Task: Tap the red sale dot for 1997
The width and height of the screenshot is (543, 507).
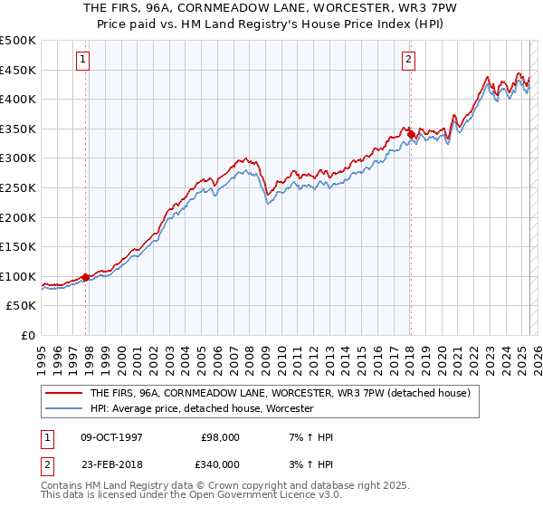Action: (x=86, y=277)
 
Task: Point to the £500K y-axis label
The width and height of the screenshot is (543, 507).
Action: (x=18, y=41)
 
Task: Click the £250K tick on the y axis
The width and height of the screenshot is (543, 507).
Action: (x=18, y=187)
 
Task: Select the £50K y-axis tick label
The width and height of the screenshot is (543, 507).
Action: (x=22, y=306)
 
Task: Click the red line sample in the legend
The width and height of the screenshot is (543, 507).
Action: (x=63, y=394)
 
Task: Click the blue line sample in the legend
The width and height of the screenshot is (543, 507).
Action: (x=63, y=409)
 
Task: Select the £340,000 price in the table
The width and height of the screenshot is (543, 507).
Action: (x=218, y=464)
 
